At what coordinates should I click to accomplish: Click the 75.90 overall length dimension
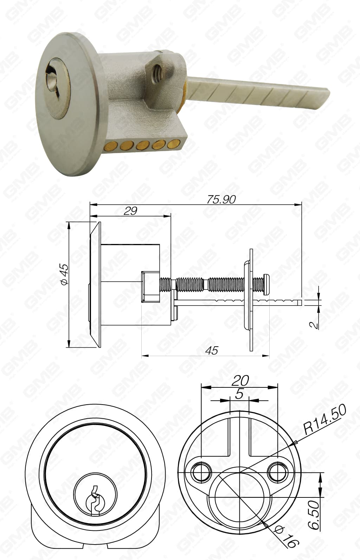(x=221, y=199)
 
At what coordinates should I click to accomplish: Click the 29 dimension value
(x=130, y=211)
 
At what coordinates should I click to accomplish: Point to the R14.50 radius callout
(x=325, y=419)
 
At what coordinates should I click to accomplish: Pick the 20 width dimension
(x=241, y=380)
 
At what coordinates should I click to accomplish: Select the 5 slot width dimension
(x=239, y=394)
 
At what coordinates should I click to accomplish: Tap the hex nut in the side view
(x=150, y=286)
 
